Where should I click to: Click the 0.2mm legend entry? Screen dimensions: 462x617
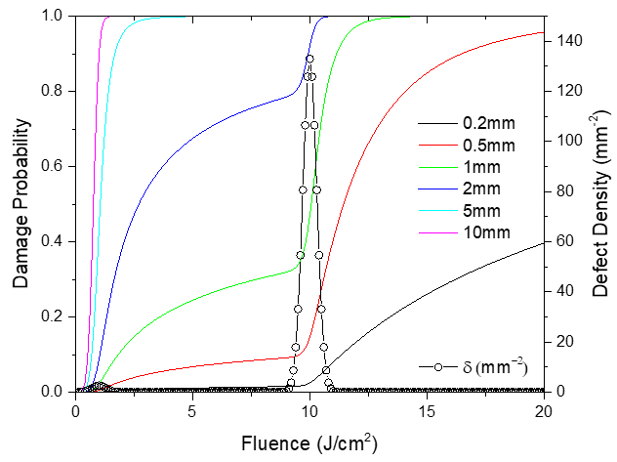pos(489,125)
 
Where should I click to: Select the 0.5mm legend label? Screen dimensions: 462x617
pos(489,147)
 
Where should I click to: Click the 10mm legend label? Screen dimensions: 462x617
pos(489,237)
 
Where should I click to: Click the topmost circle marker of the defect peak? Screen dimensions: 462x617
pos(309,59)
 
